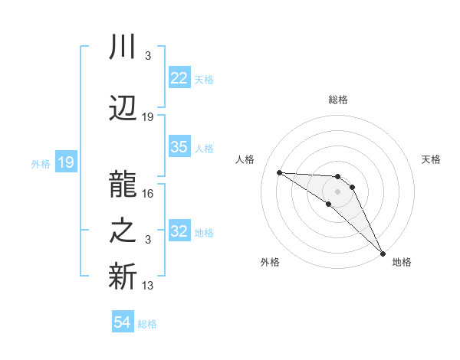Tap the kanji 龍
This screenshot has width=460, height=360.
tap(123, 184)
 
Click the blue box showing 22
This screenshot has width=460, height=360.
tap(179, 78)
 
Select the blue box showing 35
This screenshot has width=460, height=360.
tap(179, 147)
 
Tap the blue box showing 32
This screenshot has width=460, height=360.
tap(179, 231)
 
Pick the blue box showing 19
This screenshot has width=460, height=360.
tap(65, 162)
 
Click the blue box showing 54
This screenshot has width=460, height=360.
tap(123, 322)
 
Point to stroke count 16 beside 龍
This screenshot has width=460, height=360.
tap(149, 194)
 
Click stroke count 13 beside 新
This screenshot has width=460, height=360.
tap(149, 286)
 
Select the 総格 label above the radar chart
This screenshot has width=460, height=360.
tap(338, 100)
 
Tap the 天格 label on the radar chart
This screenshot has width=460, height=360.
tap(432, 159)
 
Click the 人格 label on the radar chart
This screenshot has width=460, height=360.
tap(245, 159)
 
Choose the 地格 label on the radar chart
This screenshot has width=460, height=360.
tap(402, 262)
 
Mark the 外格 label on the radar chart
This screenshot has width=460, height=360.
tap(270, 262)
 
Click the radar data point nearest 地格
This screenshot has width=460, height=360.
tap(382, 252)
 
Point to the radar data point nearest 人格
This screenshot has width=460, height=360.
tap(279, 172)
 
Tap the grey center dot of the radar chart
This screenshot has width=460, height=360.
tap(338, 191)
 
